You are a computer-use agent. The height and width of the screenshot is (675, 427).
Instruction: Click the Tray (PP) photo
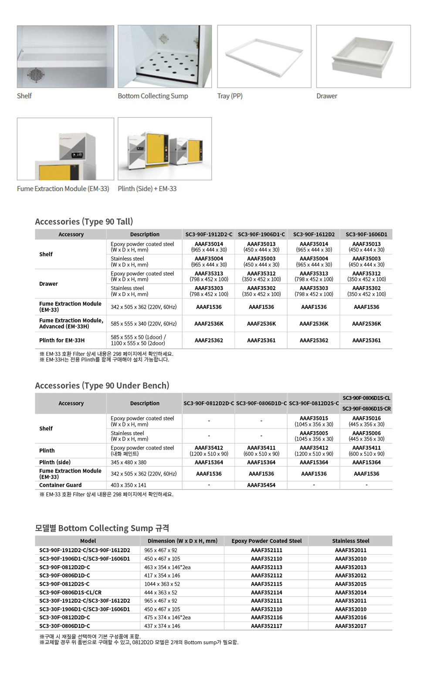coord(264,56)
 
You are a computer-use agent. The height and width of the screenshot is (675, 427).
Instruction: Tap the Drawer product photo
coord(363,56)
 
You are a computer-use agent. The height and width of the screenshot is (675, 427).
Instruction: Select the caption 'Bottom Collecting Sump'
coord(153,96)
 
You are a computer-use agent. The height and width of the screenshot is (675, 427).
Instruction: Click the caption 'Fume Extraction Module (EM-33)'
coord(63,189)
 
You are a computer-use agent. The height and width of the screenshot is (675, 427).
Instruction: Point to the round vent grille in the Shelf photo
coord(35,74)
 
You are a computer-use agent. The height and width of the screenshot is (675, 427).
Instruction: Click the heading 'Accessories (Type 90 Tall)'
coord(84,221)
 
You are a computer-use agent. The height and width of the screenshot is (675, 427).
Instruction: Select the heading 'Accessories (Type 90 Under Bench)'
coord(102,385)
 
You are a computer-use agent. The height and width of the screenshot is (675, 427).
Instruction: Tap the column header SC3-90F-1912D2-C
coord(209,234)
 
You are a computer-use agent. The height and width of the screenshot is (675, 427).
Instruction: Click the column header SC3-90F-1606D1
coord(366,234)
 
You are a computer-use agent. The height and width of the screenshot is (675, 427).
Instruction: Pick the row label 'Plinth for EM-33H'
coord(62,341)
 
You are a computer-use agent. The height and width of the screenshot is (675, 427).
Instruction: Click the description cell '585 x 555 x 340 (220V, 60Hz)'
coord(144,324)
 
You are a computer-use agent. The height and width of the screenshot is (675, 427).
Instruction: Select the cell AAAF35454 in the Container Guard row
coord(261,485)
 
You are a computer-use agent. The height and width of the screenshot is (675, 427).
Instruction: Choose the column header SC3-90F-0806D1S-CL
coord(366,398)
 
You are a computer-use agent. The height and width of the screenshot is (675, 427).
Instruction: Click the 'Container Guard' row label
coord(61,485)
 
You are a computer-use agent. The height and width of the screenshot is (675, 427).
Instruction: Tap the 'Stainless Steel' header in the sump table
coord(351,541)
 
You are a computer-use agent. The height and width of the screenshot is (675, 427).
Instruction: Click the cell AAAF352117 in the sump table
coord(267,626)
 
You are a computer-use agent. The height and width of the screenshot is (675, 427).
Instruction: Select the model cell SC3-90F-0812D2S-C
coord(64,584)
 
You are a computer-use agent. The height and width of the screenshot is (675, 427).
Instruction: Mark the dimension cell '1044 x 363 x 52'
coord(162,584)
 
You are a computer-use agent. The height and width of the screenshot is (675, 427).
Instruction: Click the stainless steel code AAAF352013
coord(351,567)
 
